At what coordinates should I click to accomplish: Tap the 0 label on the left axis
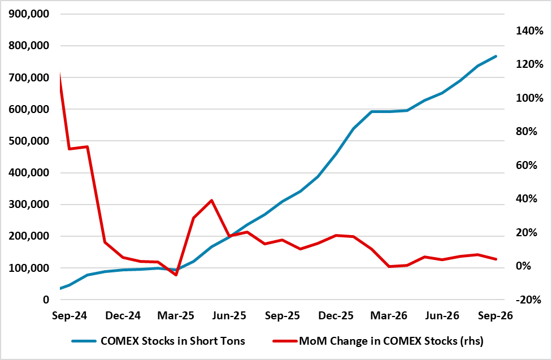click(x=46, y=300)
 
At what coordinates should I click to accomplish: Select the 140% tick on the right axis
click(x=529, y=31)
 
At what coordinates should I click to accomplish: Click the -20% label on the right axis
click(x=528, y=300)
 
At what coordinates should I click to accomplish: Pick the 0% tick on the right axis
click(x=524, y=266)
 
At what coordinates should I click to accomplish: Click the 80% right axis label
click(x=527, y=132)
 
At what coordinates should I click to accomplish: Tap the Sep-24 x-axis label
click(x=69, y=315)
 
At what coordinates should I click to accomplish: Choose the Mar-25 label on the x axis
click(x=176, y=315)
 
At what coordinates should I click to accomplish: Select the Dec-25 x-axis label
click(x=336, y=315)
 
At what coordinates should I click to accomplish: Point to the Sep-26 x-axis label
click(x=496, y=315)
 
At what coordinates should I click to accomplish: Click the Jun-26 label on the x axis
click(x=442, y=315)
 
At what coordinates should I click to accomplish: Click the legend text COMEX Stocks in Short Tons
click(x=173, y=341)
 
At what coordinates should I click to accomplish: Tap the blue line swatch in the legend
click(x=84, y=341)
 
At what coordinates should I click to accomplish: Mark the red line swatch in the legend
click(x=285, y=341)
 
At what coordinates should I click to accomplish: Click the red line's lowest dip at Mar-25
click(x=176, y=275)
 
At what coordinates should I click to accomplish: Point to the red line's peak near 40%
click(x=211, y=201)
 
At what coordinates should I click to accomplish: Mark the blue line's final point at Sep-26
click(x=496, y=57)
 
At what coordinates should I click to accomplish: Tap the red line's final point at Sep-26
click(x=496, y=259)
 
